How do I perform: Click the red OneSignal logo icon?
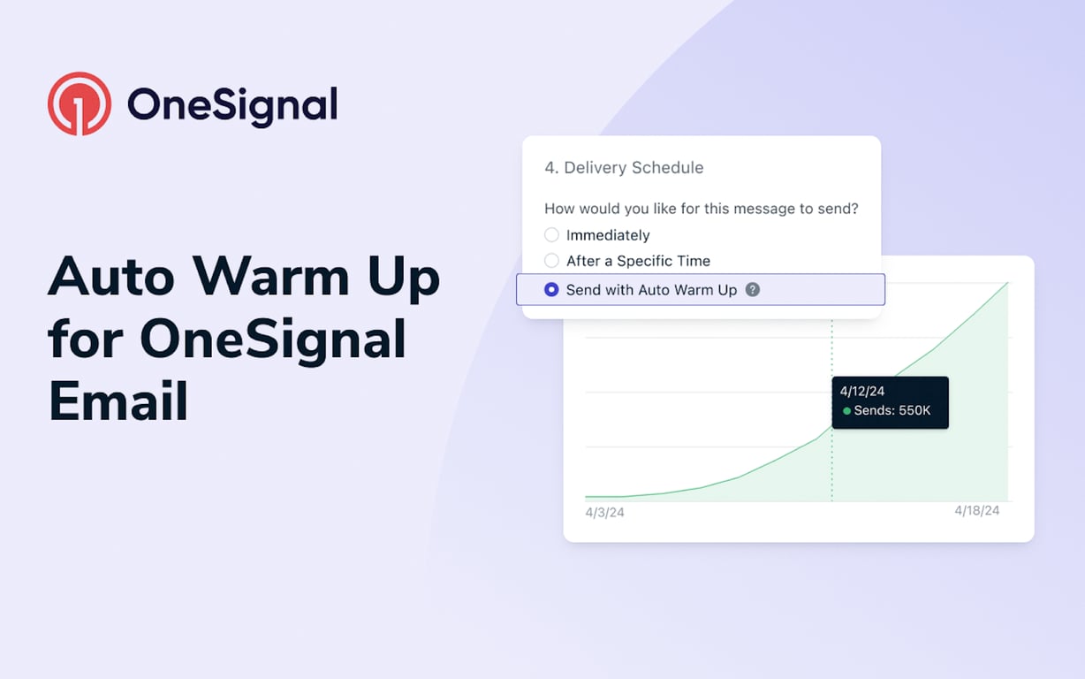pos(80,103)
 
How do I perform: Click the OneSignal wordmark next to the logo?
pos(232,104)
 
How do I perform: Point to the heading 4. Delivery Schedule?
pos(624,168)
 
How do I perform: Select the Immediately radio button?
pos(551,235)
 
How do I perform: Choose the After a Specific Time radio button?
pos(551,261)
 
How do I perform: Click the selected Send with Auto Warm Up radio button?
pos(551,290)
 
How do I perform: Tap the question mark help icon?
pos(753,290)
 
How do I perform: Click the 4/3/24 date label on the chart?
pos(604,512)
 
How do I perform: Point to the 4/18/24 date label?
pos(976,511)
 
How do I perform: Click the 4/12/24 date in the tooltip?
pos(861,391)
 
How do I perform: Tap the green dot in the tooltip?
pos(847,411)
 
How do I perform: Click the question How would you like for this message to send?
pos(701,209)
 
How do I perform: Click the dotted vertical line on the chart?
pos(831,469)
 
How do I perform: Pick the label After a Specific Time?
pos(638,261)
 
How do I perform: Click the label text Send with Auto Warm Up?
pos(651,290)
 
